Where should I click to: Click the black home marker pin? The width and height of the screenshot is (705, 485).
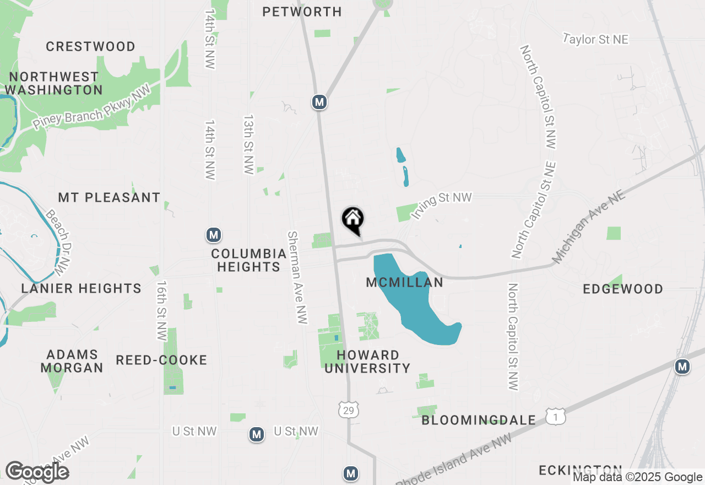pyautogui.click(x=353, y=220)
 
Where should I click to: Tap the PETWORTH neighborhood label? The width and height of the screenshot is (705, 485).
pyautogui.click(x=302, y=12)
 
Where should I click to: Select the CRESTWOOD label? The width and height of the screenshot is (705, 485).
pyautogui.click(x=90, y=46)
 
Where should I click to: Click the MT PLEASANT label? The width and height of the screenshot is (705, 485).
pyautogui.click(x=109, y=197)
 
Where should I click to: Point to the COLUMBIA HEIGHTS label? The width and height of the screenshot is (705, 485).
pyautogui.click(x=248, y=260)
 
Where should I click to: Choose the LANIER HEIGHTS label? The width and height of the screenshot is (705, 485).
pyautogui.click(x=81, y=288)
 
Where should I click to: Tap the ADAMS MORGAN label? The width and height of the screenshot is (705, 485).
pyautogui.click(x=72, y=361)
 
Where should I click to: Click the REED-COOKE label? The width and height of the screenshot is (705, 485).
pyautogui.click(x=161, y=360)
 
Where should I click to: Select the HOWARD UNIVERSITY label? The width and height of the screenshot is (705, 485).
pyautogui.click(x=367, y=362)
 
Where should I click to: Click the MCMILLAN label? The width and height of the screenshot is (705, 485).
pyautogui.click(x=405, y=283)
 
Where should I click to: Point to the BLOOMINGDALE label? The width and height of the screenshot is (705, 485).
pyautogui.click(x=479, y=421)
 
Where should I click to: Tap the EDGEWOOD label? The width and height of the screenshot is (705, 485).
pyautogui.click(x=623, y=289)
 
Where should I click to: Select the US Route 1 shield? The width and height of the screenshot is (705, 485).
pyautogui.click(x=556, y=417)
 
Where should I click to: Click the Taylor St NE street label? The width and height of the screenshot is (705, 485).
pyautogui.click(x=595, y=39)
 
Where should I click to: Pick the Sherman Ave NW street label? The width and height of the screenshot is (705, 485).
pyautogui.click(x=297, y=277)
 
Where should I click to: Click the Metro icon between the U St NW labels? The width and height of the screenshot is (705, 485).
pyautogui.click(x=256, y=434)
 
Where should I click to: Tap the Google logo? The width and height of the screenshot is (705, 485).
pyautogui.click(x=37, y=472)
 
